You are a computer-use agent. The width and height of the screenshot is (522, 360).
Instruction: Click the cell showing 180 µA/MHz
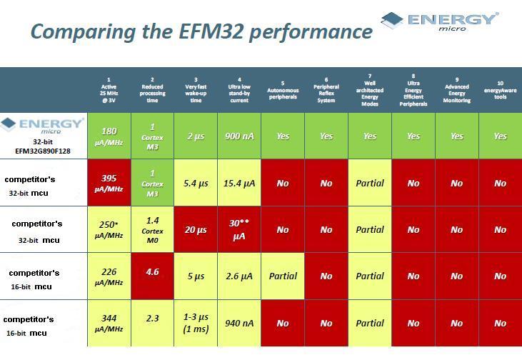(109, 136)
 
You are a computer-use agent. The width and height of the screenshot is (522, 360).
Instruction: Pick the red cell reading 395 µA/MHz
(109, 183)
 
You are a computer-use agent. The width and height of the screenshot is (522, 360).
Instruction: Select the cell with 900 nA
(239, 136)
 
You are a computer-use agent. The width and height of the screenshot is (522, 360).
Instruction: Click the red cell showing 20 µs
(196, 229)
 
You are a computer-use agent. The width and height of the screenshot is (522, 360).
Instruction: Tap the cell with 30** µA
(239, 229)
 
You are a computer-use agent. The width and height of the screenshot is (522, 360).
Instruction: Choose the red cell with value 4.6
(152, 276)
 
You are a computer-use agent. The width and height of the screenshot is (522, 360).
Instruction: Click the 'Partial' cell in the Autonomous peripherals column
(283, 276)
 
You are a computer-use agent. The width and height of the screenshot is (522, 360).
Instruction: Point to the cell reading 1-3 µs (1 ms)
(196, 323)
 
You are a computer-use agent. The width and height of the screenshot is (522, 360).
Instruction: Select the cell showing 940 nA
(239, 323)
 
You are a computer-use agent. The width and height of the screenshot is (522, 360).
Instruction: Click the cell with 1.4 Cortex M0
(152, 229)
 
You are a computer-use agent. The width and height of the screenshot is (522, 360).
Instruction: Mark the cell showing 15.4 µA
(239, 183)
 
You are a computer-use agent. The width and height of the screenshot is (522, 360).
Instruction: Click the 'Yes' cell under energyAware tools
(500, 136)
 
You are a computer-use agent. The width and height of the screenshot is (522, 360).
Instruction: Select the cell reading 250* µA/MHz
(109, 229)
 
